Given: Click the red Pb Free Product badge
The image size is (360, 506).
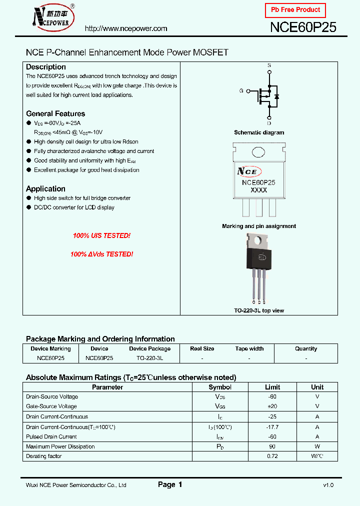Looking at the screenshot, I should [x=295, y=10].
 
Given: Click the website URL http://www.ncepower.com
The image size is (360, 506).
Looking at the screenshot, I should [x=126, y=28].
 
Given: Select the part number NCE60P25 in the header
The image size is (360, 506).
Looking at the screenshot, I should [x=303, y=27].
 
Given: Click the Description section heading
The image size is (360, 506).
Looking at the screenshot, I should [x=46, y=67].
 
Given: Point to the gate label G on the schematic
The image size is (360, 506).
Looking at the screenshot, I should [x=241, y=91].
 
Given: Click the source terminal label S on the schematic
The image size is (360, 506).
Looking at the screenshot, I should [x=269, y=65].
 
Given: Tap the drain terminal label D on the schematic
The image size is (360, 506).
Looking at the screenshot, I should [x=269, y=123].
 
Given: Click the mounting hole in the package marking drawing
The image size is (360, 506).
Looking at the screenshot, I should [x=258, y=152].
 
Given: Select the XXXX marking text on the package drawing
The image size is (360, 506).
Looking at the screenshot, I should [x=258, y=190].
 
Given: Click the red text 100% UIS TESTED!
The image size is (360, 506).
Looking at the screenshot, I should [x=101, y=235].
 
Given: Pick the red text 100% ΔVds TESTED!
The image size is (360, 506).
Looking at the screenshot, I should [x=101, y=254].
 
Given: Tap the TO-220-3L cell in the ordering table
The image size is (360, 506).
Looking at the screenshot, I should [x=150, y=358].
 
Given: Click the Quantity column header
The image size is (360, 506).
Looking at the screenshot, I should [x=306, y=348].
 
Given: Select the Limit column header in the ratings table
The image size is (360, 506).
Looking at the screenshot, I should [x=272, y=387].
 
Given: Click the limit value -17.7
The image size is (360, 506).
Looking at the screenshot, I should [x=272, y=427].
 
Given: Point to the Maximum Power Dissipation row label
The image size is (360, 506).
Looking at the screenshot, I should [x=60, y=446].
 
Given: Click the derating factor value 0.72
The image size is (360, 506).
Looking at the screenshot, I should [x=272, y=456].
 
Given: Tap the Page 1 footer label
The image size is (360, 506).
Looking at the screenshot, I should [x=170, y=484].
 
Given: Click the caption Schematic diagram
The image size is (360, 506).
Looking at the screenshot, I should [x=259, y=132].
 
